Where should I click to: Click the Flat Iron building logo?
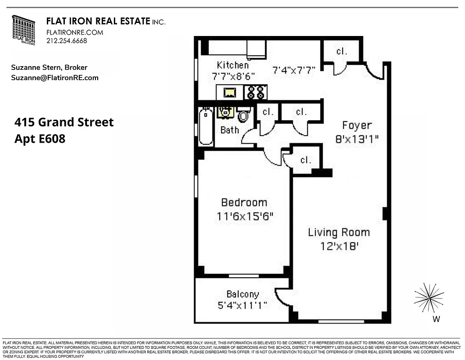23,30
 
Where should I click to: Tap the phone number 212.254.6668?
67,40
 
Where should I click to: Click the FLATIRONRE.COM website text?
75,32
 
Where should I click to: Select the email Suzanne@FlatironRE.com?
54,78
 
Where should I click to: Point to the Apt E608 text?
40,139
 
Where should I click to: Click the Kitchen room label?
232,65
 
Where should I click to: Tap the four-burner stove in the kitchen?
256,93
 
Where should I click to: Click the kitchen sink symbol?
230,93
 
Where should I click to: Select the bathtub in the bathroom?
206,126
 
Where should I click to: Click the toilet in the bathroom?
244,115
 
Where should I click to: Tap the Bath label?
230,130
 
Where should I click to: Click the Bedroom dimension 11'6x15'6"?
245,216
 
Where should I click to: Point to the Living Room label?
339,233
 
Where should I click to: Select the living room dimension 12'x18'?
339,246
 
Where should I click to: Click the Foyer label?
357,125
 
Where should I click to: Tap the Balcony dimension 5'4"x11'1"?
242,306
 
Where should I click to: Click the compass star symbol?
429,297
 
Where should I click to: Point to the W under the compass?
435,319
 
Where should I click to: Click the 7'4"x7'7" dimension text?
293,70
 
